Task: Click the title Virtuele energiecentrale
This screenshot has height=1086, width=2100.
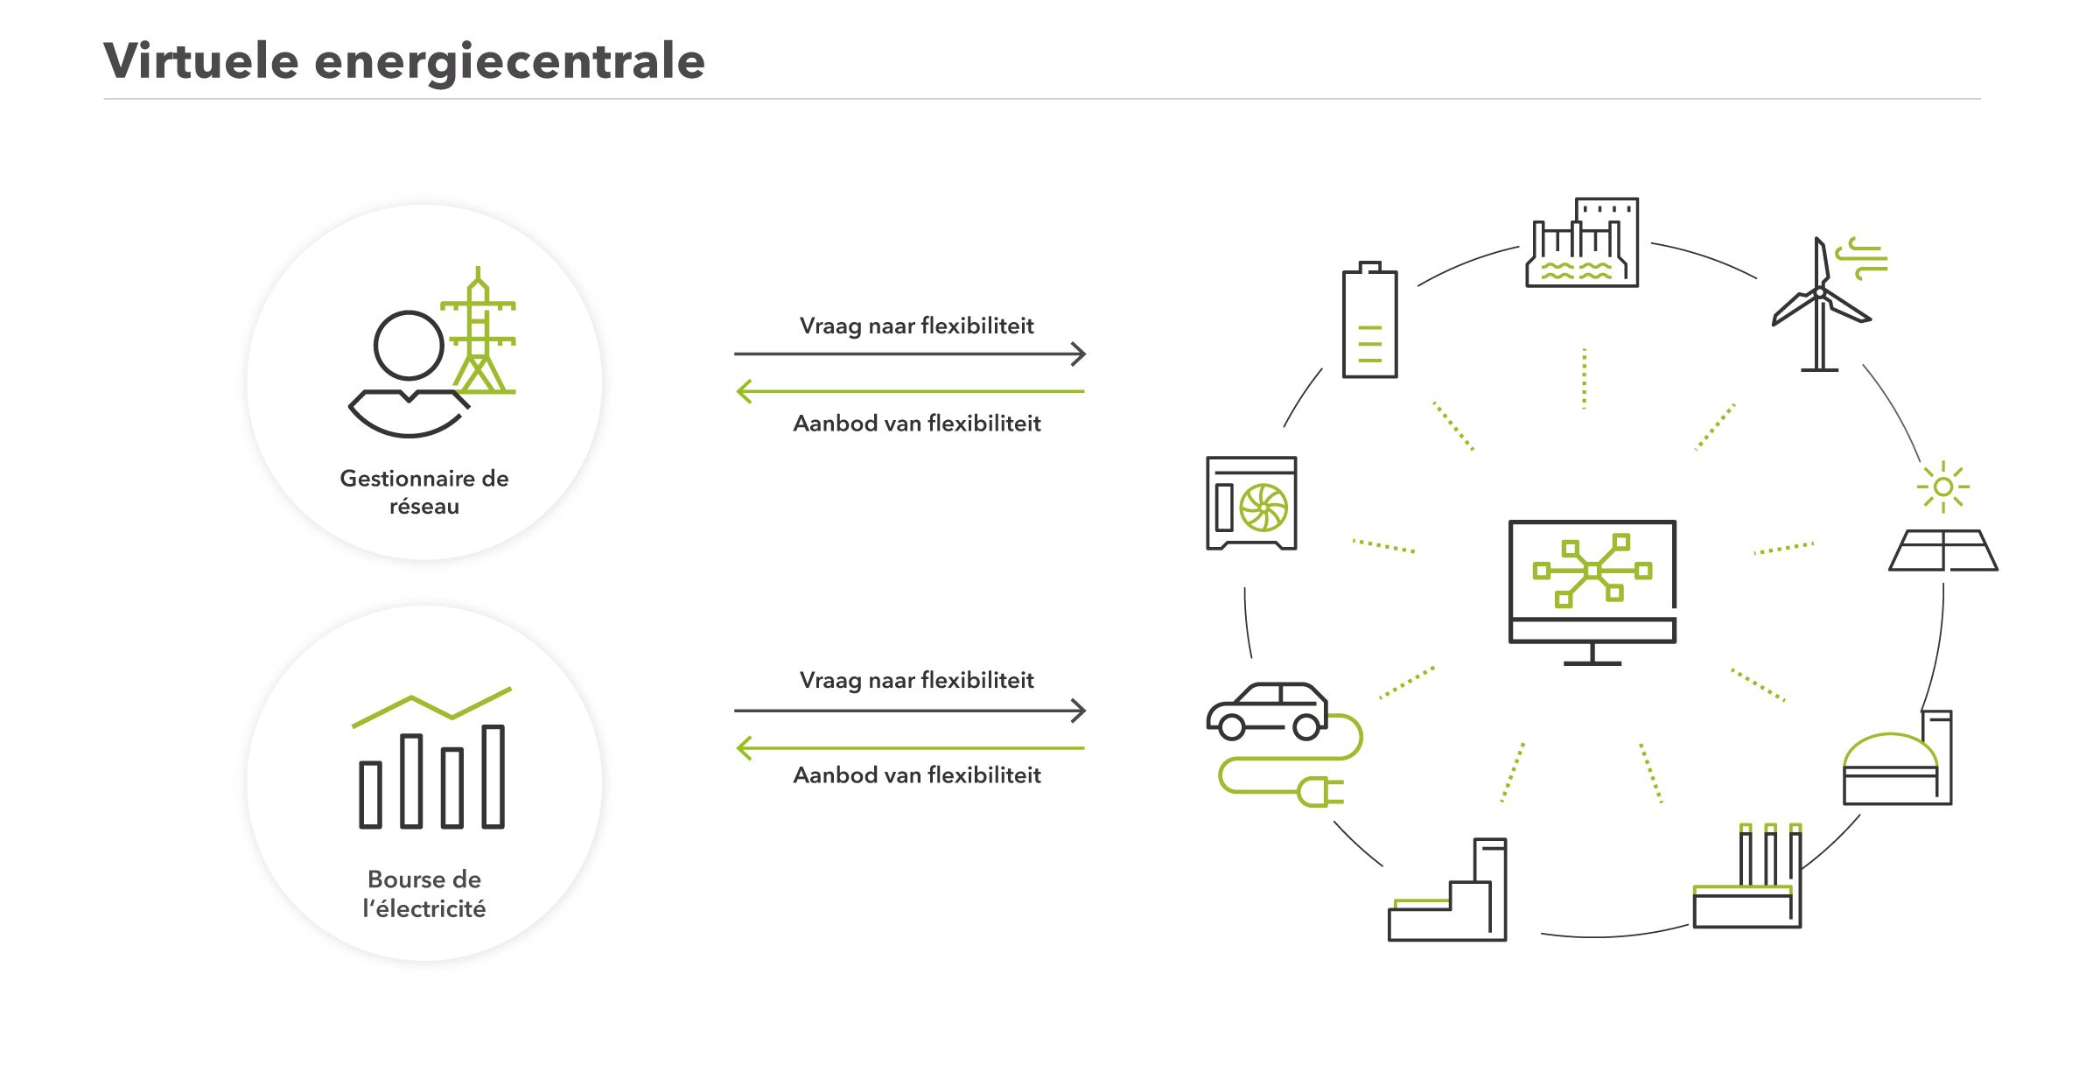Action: [x=403, y=60]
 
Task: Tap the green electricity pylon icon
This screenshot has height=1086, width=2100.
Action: [x=479, y=333]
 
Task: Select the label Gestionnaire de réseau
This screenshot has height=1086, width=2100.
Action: [x=424, y=492]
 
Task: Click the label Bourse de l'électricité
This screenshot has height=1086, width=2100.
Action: [x=424, y=893]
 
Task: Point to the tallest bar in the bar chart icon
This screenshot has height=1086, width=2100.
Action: [x=493, y=776]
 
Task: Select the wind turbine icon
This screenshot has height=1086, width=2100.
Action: [x=1820, y=306]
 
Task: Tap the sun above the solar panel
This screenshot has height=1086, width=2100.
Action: [x=1943, y=487]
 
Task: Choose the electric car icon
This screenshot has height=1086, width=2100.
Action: [x=1268, y=711]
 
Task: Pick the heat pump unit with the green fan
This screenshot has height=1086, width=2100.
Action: [x=1251, y=503]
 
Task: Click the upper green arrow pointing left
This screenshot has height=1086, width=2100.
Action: [x=910, y=391]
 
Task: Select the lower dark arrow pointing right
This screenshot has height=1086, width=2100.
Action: [x=910, y=711]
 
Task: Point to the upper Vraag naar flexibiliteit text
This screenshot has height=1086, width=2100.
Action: [x=916, y=326]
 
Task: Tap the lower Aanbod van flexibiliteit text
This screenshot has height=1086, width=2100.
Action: [x=916, y=775]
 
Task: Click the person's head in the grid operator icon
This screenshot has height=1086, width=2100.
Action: [x=409, y=345]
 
